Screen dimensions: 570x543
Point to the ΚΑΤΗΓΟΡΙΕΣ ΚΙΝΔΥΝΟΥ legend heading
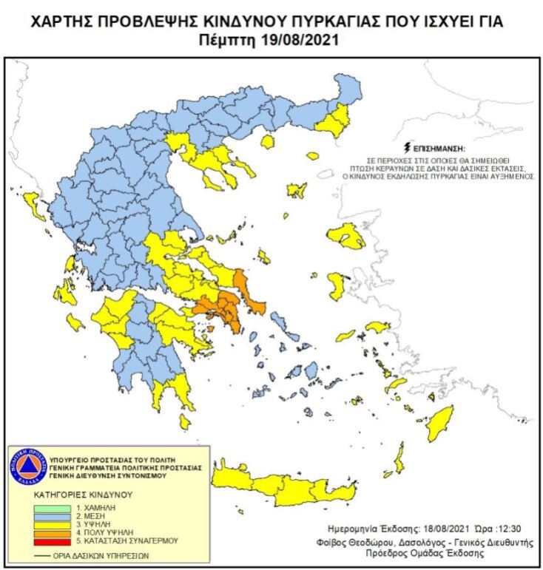click(82, 493)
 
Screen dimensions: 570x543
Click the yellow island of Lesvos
click(346, 237)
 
